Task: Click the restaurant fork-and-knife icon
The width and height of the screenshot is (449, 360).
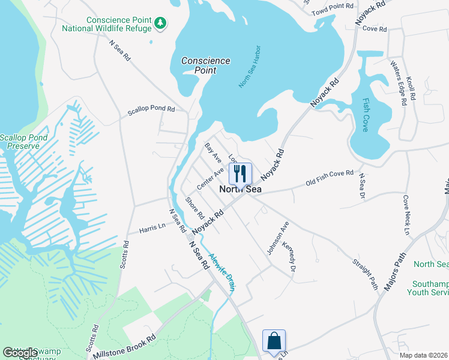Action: pos(240,173)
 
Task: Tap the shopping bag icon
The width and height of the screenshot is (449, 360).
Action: pos(274,341)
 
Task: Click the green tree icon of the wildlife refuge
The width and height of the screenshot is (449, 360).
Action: pos(160,23)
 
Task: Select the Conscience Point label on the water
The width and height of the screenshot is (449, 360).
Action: pos(206,65)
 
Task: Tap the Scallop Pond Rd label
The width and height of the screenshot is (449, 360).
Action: pos(150,110)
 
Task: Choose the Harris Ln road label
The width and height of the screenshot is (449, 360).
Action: pos(152,229)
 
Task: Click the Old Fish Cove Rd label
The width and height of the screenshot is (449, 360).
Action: pos(330,178)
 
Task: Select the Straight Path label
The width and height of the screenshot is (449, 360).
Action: pos(366,274)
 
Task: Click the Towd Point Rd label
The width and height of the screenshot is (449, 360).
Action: pos(333,6)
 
